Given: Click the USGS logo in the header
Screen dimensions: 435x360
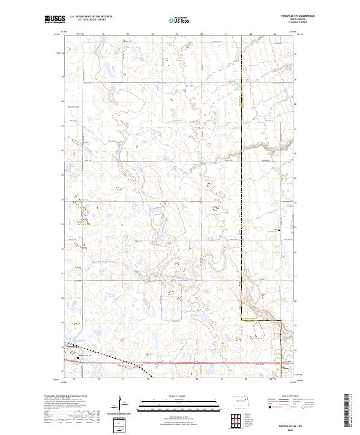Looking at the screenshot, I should point(55,20).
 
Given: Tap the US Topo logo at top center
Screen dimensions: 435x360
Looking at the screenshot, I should point(180,20).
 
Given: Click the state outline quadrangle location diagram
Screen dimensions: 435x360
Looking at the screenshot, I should point(242,398).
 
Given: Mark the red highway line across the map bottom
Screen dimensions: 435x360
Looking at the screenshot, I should point(210,363).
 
